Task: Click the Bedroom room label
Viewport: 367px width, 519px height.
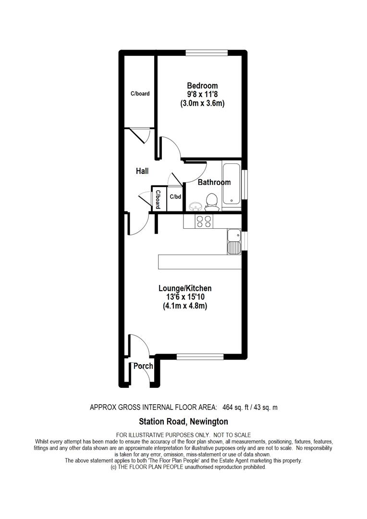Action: [x=202, y=86]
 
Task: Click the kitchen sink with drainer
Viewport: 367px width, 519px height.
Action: [x=234, y=242]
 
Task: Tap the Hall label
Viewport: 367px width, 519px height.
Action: [x=142, y=171]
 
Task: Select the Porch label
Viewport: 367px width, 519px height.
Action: [x=143, y=366]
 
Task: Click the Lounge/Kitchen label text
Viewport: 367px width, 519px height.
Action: [x=185, y=288]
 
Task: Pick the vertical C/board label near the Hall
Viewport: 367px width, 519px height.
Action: [x=157, y=199]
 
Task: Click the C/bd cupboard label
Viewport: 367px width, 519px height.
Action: [x=175, y=197]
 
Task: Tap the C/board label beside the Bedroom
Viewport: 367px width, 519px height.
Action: [x=140, y=94]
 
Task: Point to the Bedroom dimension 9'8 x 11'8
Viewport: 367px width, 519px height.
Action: [x=202, y=95]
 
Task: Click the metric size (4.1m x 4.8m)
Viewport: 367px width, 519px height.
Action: [x=185, y=306]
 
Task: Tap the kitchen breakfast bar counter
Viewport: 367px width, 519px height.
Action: [x=199, y=262]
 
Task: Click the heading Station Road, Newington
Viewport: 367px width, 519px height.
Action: [x=183, y=422]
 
